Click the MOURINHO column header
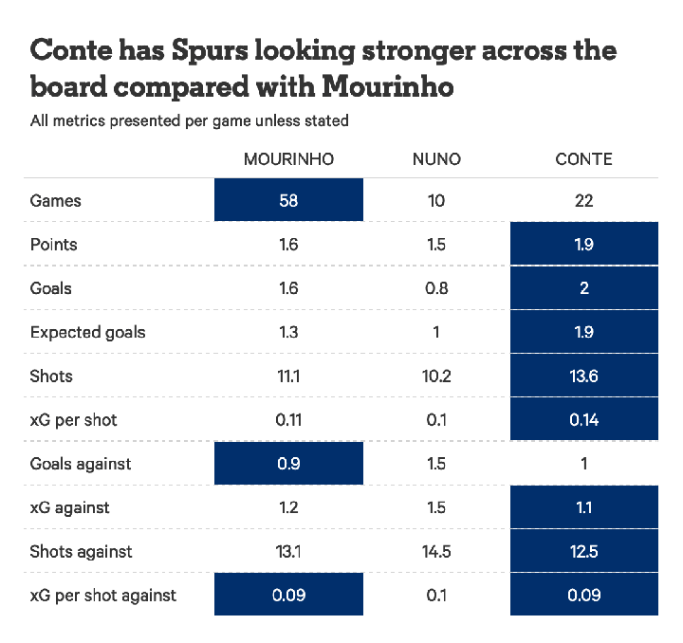[x=288, y=159]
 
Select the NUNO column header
[x=436, y=159]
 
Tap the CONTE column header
[x=583, y=159]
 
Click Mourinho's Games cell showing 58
[x=288, y=200]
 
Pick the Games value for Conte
[x=583, y=200]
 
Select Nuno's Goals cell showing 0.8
[x=436, y=288]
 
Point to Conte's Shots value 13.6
[x=583, y=376]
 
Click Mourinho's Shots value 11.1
[x=288, y=376]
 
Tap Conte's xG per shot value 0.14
[x=583, y=419]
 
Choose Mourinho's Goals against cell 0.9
[x=288, y=464]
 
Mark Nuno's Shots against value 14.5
[x=436, y=551]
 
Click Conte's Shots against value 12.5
[x=583, y=551]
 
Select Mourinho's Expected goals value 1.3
[x=288, y=332]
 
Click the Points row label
[x=54, y=245]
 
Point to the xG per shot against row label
[x=103, y=596]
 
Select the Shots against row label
[x=82, y=551]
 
